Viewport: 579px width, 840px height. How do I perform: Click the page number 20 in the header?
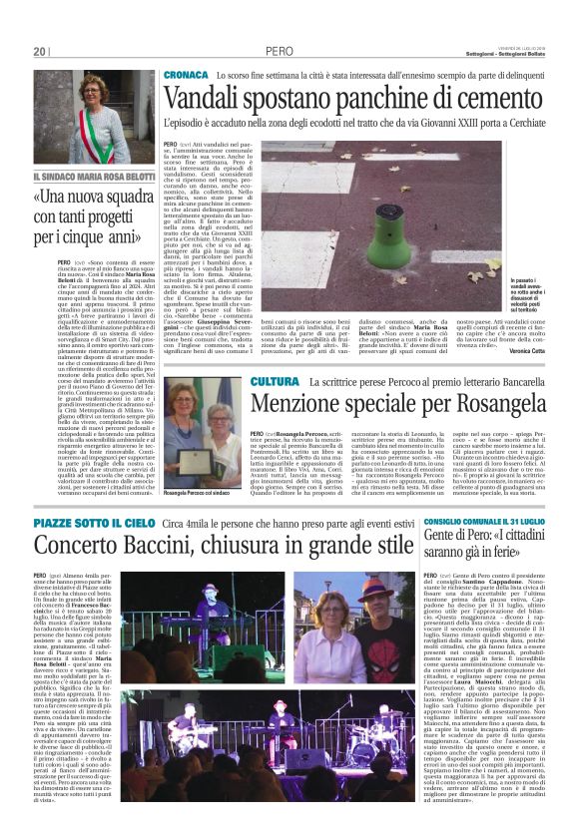point(40,52)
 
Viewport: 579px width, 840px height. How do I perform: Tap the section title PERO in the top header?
point(280,52)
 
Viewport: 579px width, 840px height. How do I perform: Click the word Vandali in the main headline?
point(205,99)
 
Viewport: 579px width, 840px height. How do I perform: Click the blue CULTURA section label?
point(275,382)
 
